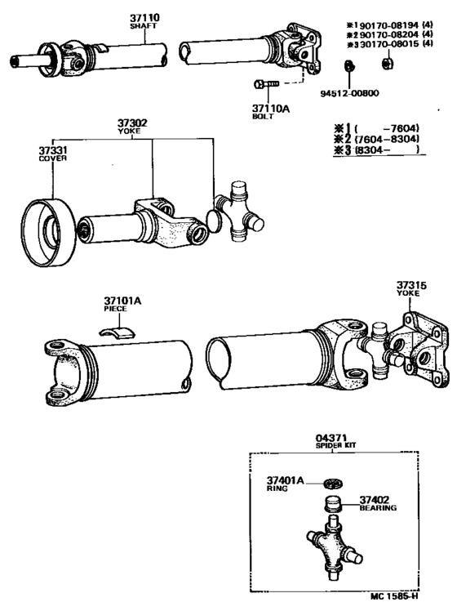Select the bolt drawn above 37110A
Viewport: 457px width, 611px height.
[265, 83]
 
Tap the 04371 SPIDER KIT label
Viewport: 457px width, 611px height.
[331, 442]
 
